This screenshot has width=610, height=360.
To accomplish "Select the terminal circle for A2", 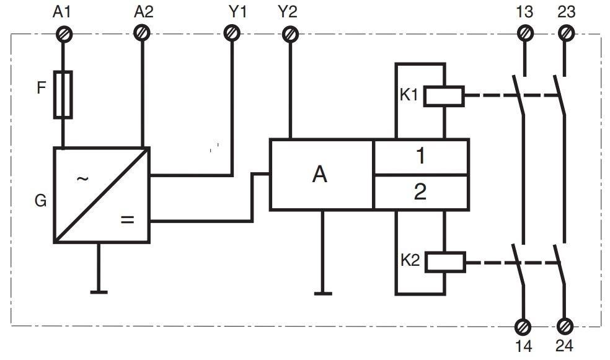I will pyautogui.click(x=143, y=33).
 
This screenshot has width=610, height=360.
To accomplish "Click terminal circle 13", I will pyautogui.click(x=524, y=33).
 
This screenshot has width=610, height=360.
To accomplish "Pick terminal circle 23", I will pyautogui.click(x=565, y=33).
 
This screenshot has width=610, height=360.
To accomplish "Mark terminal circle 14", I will pyautogui.click(x=523, y=326).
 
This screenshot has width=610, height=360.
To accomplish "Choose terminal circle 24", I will pyautogui.click(x=565, y=326).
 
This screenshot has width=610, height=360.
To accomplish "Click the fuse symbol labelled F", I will pyautogui.click(x=63, y=94).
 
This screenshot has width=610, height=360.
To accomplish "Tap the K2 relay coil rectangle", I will pyautogui.click(x=444, y=261).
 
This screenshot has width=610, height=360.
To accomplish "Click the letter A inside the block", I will pyautogui.click(x=319, y=175).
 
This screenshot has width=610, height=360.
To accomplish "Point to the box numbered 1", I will pyautogui.click(x=420, y=157).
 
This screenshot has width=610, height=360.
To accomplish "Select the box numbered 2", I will pyautogui.click(x=420, y=192).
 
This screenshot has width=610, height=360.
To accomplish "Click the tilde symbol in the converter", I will pyautogui.click(x=82, y=179).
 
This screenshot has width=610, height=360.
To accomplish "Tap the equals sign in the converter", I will pyautogui.click(x=127, y=220).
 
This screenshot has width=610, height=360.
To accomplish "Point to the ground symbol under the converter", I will pyautogui.click(x=98, y=291).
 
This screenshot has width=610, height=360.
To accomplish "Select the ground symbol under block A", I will pyautogui.click(x=322, y=292).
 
